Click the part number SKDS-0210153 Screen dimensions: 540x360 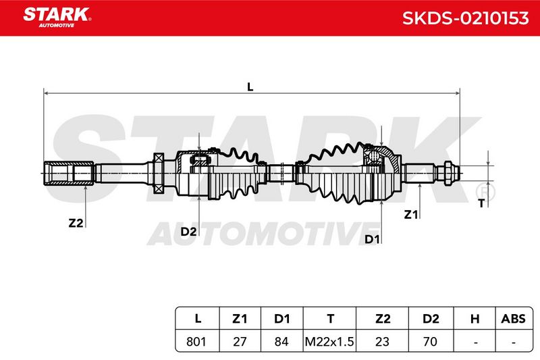tap(465, 18)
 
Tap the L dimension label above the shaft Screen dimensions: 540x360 tap(250, 87)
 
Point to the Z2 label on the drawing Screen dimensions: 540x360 tap(76, 223)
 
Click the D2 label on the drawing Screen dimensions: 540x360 tap(189, 232)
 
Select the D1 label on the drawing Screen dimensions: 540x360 tap(372, 239)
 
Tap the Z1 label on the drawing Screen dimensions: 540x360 tap(411, 215)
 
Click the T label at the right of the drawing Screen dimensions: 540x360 tap(481, 203)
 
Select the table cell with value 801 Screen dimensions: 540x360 tap(196, 341)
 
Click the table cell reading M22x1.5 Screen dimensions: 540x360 tap(329, 341)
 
